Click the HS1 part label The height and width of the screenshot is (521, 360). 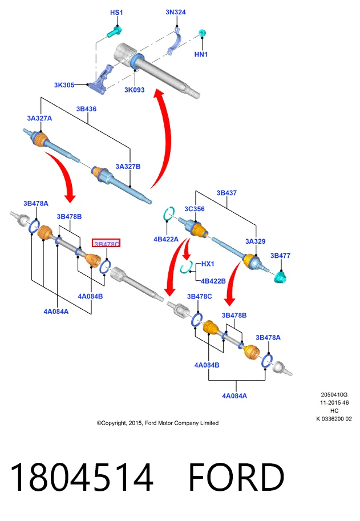tap(116, 13)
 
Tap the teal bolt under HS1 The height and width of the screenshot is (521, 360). tap(114, 31)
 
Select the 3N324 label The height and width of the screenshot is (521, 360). tap(176, 13)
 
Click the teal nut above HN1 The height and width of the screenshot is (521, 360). tap(202, 33)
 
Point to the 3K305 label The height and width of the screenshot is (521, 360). tap(64, 85)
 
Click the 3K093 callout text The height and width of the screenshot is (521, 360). tap(135, 90)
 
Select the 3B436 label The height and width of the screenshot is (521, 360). tap(86, 109)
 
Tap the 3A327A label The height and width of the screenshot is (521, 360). tap(39, 118)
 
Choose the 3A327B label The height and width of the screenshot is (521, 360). tap(128, 167)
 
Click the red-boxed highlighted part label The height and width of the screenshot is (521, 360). tap(106, 244)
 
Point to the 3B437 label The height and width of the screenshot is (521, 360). tap(227, 193)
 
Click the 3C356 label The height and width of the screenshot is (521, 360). tap(195, 209)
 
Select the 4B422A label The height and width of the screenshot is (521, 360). tap(166, 239)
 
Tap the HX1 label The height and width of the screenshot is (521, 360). tap(208, 264)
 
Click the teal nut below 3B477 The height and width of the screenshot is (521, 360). tap(281, 276)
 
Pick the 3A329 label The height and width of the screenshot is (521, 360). tap(256, 241)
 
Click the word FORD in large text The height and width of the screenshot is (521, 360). tap(236, 477)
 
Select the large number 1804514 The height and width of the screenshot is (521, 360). tap(82, 477)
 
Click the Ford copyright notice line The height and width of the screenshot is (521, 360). tap(157, 423)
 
